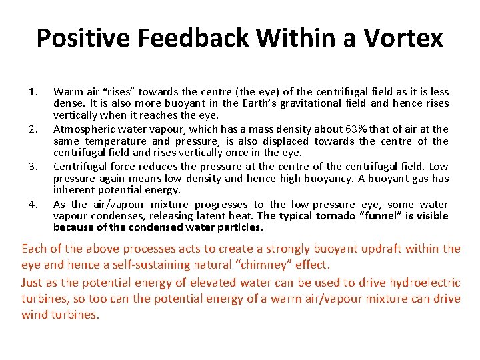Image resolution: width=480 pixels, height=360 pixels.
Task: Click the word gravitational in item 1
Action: [320, 103]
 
